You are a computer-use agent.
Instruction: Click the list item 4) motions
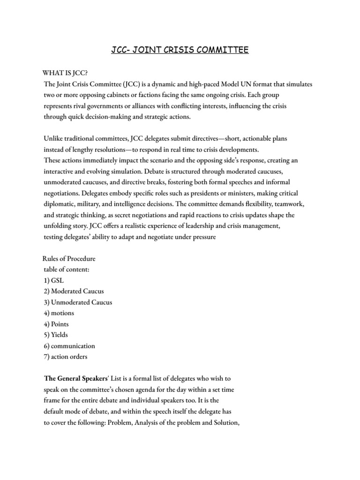(59, 313)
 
